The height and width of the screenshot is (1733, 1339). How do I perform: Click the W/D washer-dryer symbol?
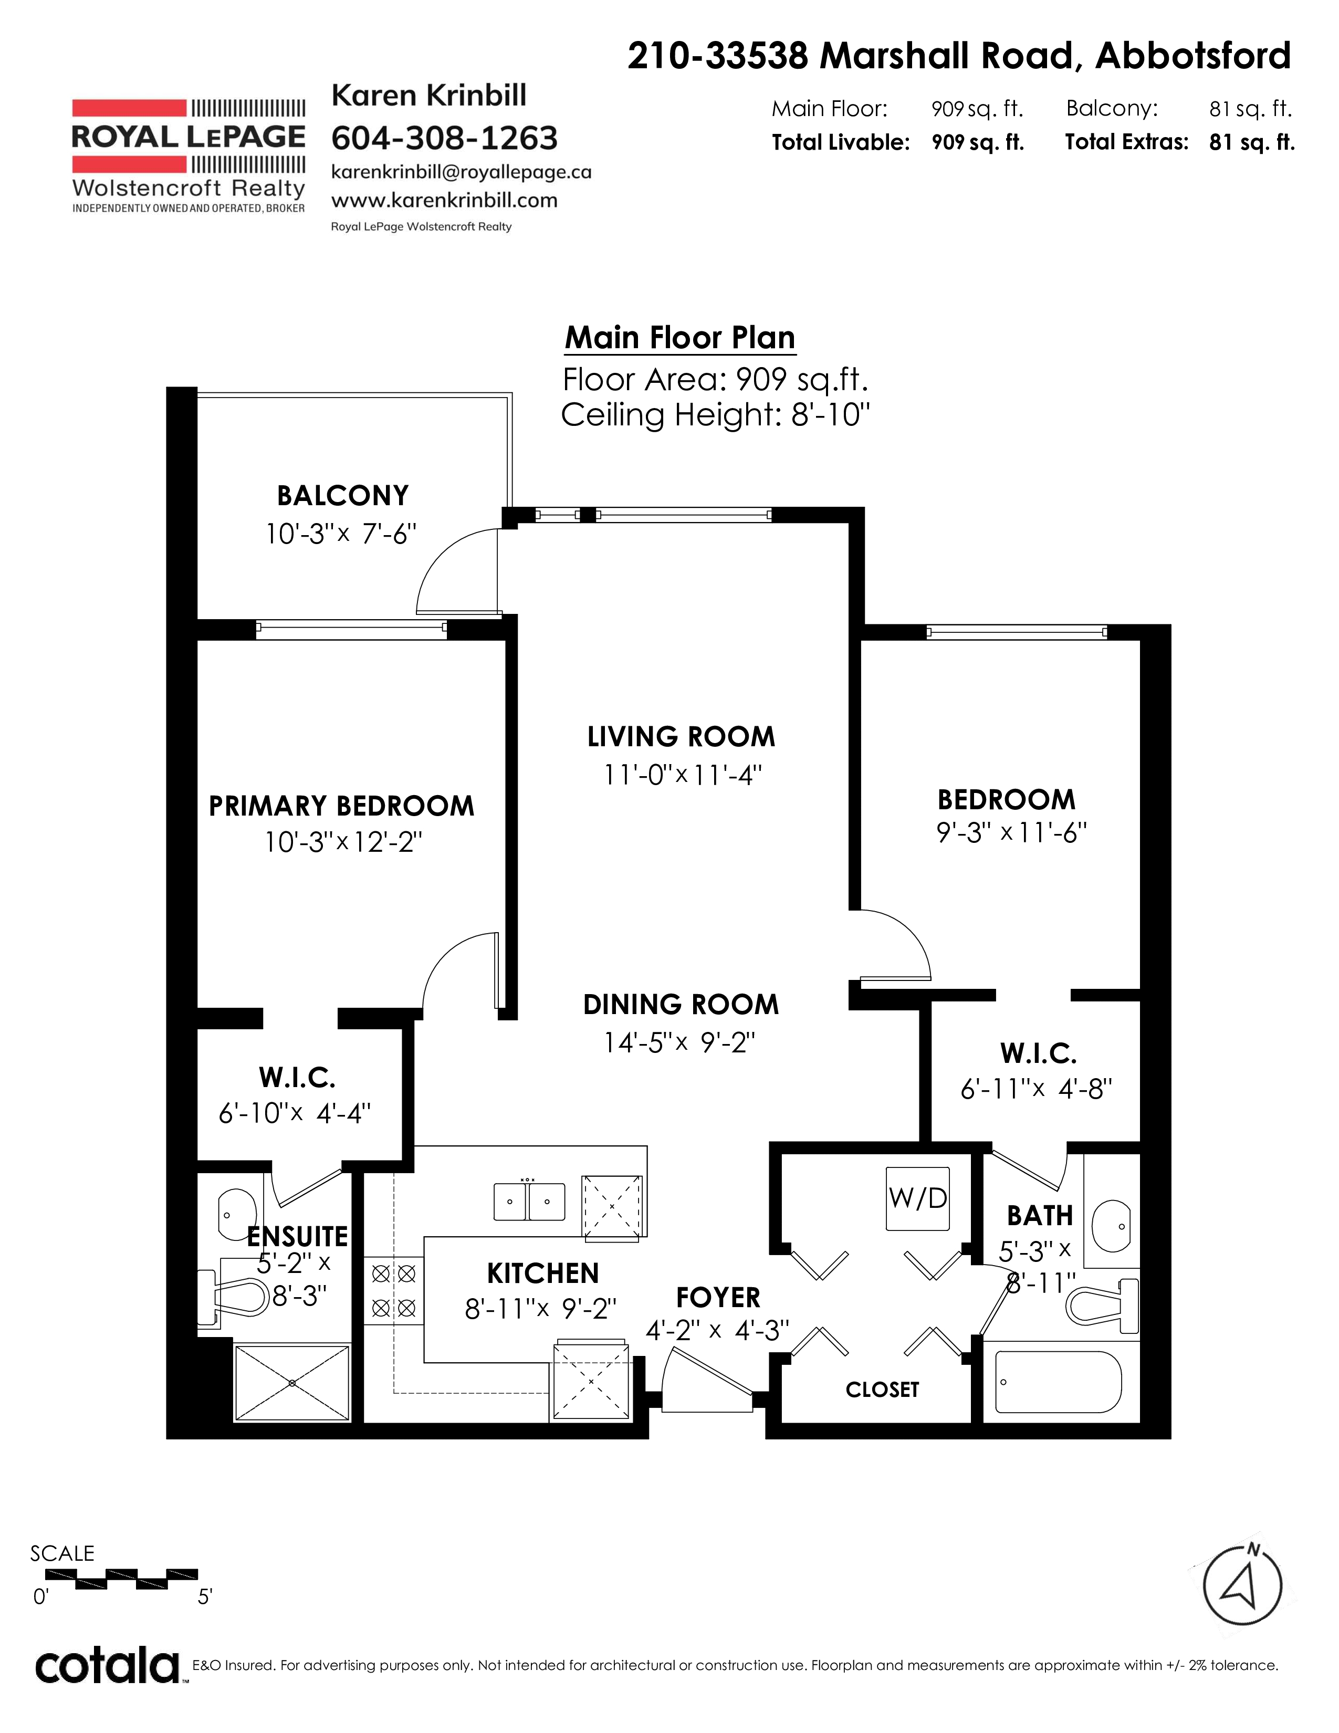[x=918, y=1198]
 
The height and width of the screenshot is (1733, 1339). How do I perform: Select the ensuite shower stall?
[x=292, y=1383]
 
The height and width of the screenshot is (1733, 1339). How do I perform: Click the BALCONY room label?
[x=343, y=496]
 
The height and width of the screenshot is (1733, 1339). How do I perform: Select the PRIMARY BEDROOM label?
[x=341, y=806]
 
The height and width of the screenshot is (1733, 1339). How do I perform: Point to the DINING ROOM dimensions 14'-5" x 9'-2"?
[x=680, y=1042]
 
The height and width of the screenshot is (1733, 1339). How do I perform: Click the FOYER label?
[x=718, y=1298]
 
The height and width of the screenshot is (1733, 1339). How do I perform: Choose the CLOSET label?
[x=882, y=1390]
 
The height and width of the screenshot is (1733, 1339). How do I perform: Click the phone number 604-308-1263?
[x=444, y=139]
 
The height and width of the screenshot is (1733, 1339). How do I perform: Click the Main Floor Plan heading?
[x=680, y=338]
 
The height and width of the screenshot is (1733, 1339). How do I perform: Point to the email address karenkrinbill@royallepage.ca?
[x=461, y=172]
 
